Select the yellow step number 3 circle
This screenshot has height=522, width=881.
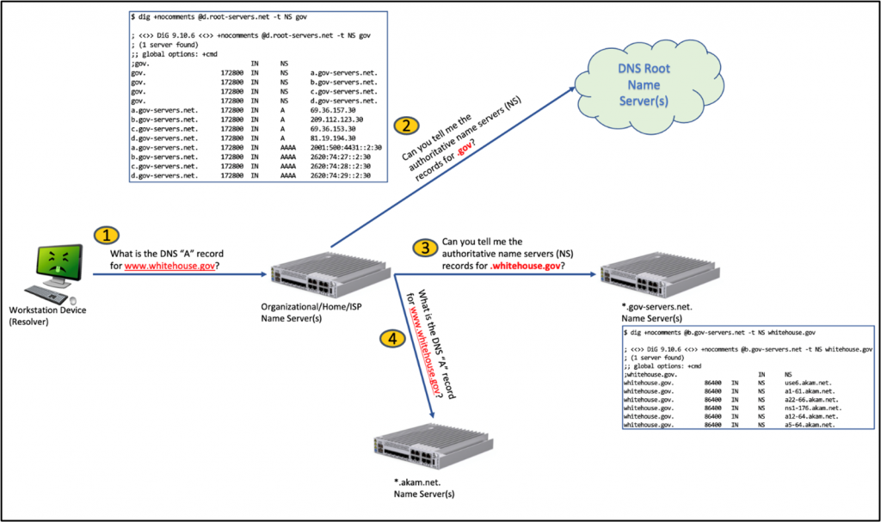pos(424,249)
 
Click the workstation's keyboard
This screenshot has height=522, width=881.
pos(53,292)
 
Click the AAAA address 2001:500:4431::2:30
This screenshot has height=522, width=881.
pos(342,147)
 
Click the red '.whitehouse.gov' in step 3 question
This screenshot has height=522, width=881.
pos(526,266)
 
